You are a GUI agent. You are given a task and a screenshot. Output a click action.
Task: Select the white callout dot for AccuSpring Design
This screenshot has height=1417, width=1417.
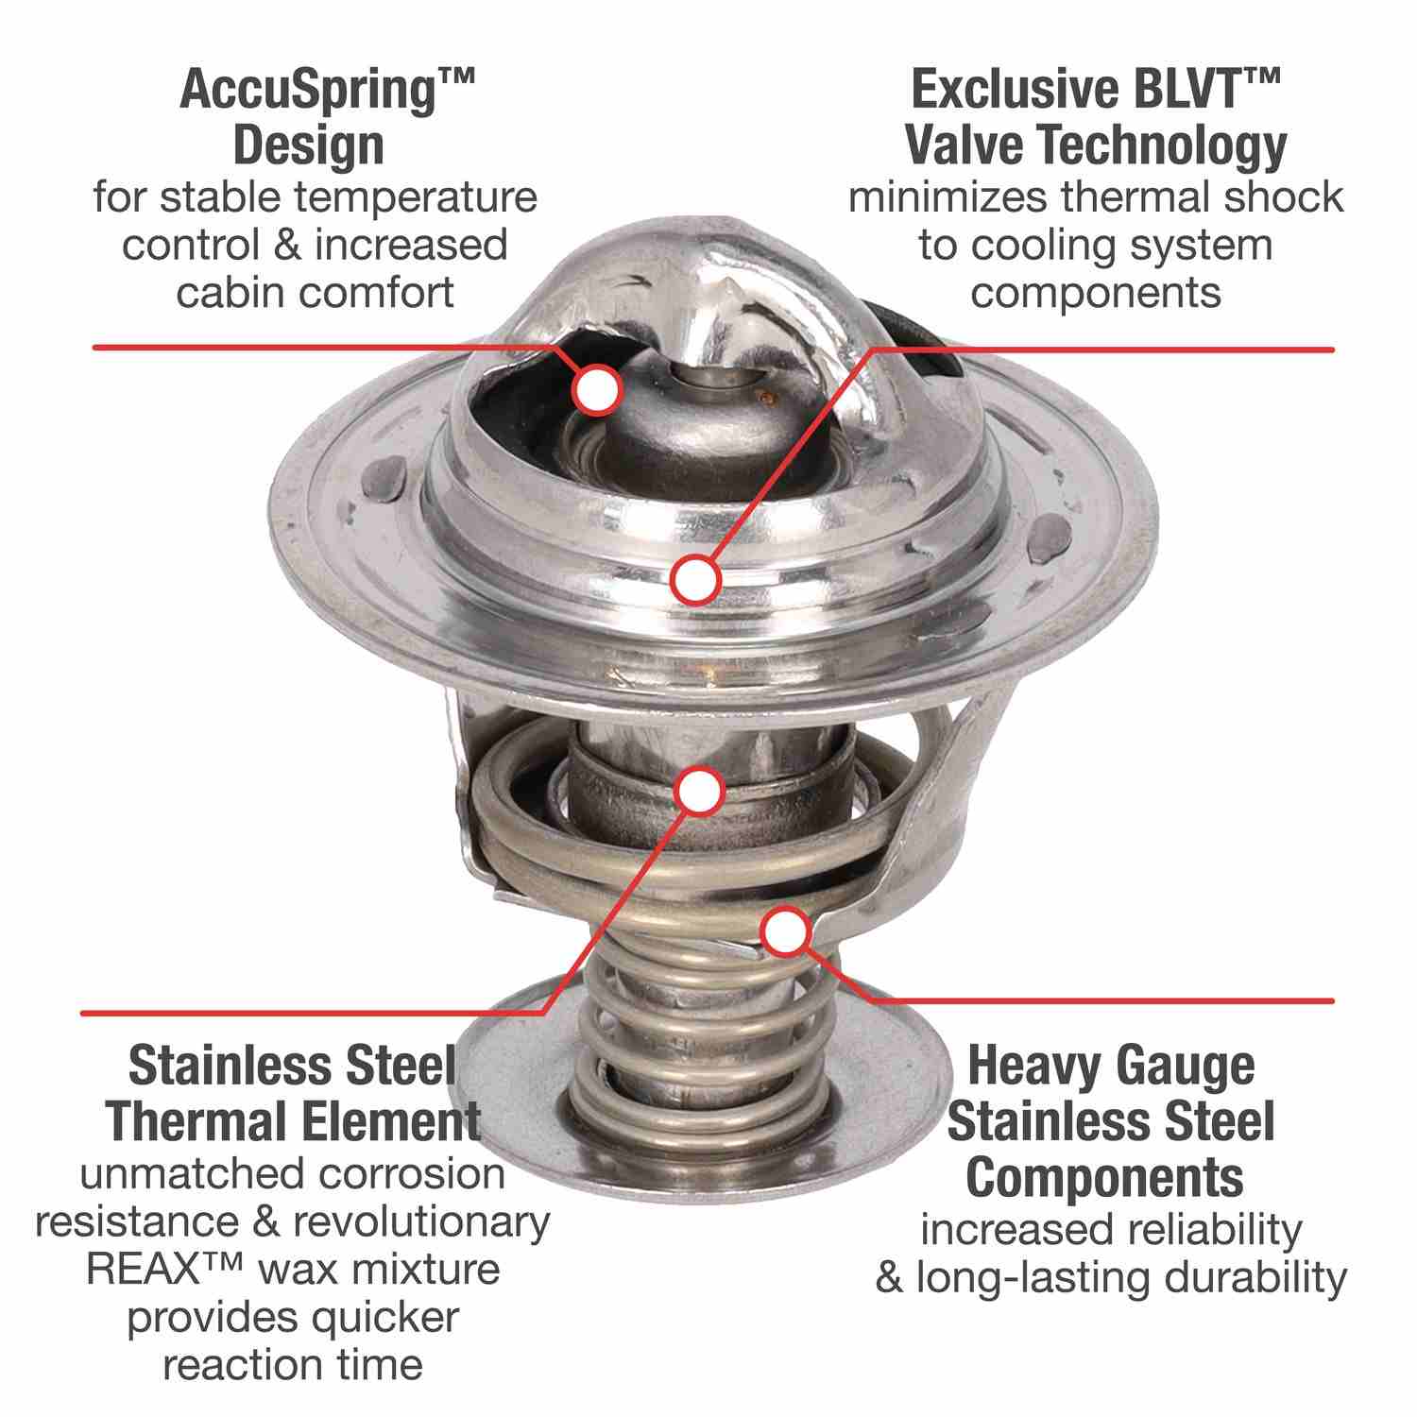tap(596, 388)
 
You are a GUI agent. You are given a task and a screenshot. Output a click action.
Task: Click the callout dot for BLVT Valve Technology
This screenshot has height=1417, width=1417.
tap(696, 578)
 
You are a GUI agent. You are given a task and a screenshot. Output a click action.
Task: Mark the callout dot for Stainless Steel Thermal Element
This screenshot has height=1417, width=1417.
tap(700, 790)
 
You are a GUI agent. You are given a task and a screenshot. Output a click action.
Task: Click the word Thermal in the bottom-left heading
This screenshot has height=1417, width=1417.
tap(179, 1122)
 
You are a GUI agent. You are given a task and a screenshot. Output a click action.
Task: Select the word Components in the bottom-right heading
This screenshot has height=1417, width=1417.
tap(1105, 1177)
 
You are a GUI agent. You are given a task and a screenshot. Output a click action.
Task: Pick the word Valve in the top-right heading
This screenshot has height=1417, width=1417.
tap(964, 145)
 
